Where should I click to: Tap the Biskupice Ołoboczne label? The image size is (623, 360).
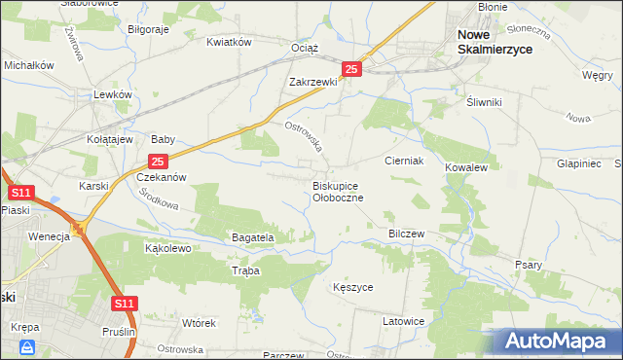point(338,191)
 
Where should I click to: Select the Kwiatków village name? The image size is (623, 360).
point(230,42)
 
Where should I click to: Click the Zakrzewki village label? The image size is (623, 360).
point(312,82)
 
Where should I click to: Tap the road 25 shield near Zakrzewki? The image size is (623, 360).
point(352,69)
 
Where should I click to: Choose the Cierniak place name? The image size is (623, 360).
point(403,161)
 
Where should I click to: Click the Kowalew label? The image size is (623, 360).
point(465,167)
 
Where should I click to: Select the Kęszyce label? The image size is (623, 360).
point(352,288)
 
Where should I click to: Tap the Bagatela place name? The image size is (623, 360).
point(253,236)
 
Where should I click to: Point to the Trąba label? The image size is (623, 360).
point(246,271)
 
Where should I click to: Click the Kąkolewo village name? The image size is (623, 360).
point(167,248)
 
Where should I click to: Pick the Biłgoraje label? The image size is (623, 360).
point(149,29)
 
